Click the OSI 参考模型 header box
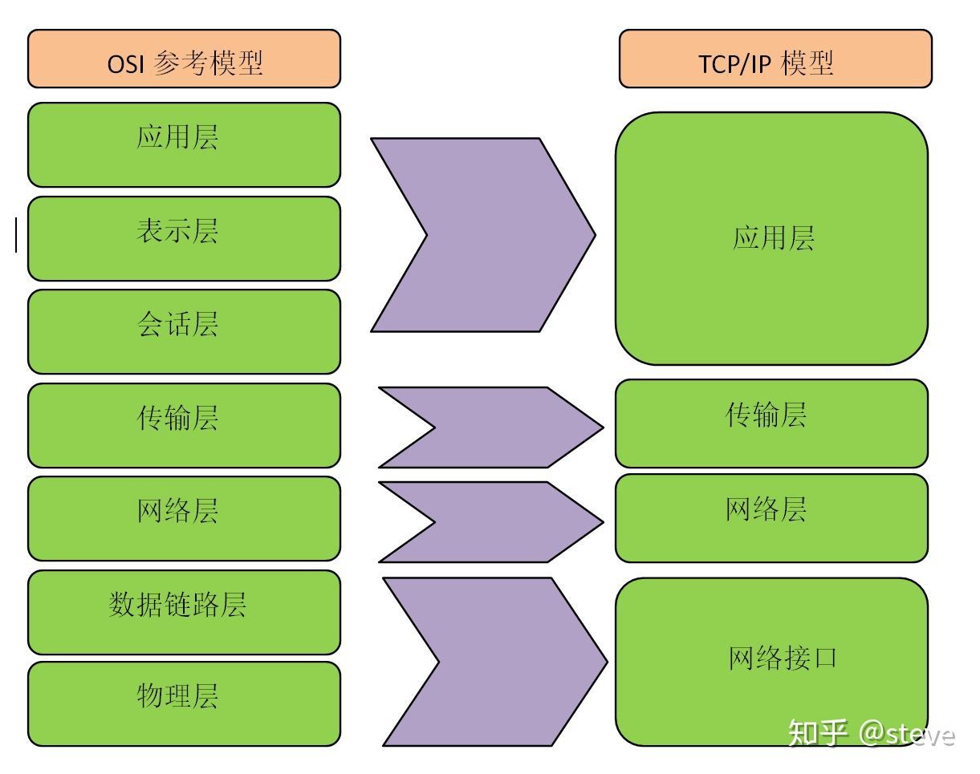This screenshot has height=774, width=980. (184, 59)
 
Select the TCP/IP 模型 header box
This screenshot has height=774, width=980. (775, 59)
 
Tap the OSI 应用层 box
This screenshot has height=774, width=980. (184, 144)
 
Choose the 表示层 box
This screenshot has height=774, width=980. (184, 238)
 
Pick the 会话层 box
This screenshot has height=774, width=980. (184, 331)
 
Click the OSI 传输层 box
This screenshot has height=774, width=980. (184, 425)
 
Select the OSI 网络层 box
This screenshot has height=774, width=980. (184, 518)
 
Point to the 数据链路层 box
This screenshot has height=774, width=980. (184, 612)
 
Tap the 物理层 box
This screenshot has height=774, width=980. (184, 703)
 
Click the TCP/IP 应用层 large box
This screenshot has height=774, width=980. (771, 238)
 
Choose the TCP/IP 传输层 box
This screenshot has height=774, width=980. (771, 423)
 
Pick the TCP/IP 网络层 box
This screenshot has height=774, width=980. (771, 517)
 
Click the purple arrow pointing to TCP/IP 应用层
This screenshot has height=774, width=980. (498, 235)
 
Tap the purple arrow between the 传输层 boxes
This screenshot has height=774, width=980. (506, 428)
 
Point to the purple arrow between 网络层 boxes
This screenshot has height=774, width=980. (506, 521)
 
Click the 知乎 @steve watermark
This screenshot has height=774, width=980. (871, 733)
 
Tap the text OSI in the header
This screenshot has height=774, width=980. (126, 63)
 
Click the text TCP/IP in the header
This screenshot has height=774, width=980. (732, 63)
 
